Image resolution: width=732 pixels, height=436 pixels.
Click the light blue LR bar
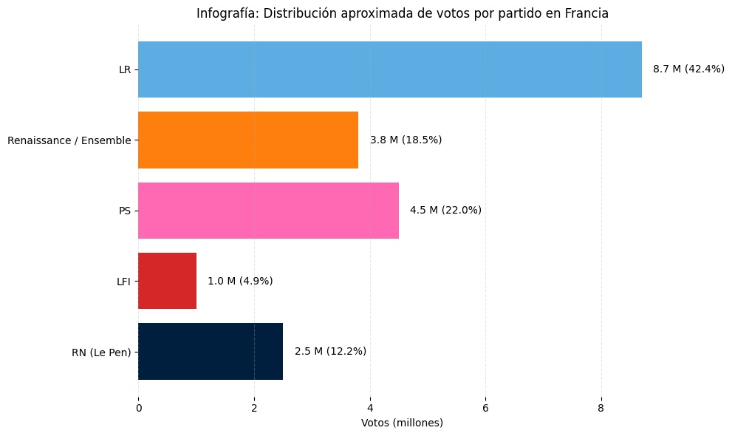[389, 69]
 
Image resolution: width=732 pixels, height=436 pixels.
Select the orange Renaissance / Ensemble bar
[248, 140]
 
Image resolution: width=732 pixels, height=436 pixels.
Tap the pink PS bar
[268, 211]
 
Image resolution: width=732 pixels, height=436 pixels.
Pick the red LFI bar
[167, 281]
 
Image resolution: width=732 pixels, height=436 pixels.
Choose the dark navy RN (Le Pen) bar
[211, 351]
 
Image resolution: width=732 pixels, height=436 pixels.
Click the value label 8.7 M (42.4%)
[688, 69]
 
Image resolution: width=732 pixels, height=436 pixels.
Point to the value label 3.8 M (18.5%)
[406, 140]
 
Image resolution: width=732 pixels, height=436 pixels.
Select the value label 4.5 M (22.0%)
[445, 211]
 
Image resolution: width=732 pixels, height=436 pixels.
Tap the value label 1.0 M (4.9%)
[240, 281]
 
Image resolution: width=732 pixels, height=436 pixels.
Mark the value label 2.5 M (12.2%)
[330, 351]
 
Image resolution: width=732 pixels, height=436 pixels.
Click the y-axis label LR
[125, 69]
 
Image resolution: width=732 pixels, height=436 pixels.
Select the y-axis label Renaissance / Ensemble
[69, 140]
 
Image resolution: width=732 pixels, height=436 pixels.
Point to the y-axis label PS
[125, 211]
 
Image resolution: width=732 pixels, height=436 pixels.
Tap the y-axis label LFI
[123, 281]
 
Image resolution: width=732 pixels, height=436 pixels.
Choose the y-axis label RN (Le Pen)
[101, 352]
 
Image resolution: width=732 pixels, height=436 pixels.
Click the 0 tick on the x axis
[138, 407]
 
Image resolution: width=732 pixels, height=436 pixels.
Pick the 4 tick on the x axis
[370, 407]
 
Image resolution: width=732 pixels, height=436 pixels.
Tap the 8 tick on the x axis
[601, 407]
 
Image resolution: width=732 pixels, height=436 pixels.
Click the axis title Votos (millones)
[402, 423]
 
